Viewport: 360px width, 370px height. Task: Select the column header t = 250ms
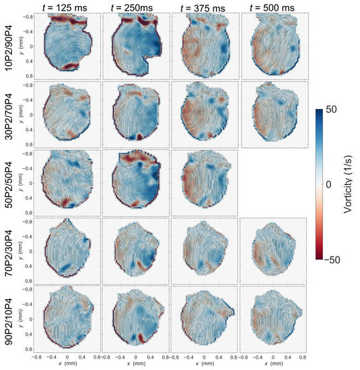point(134,7)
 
